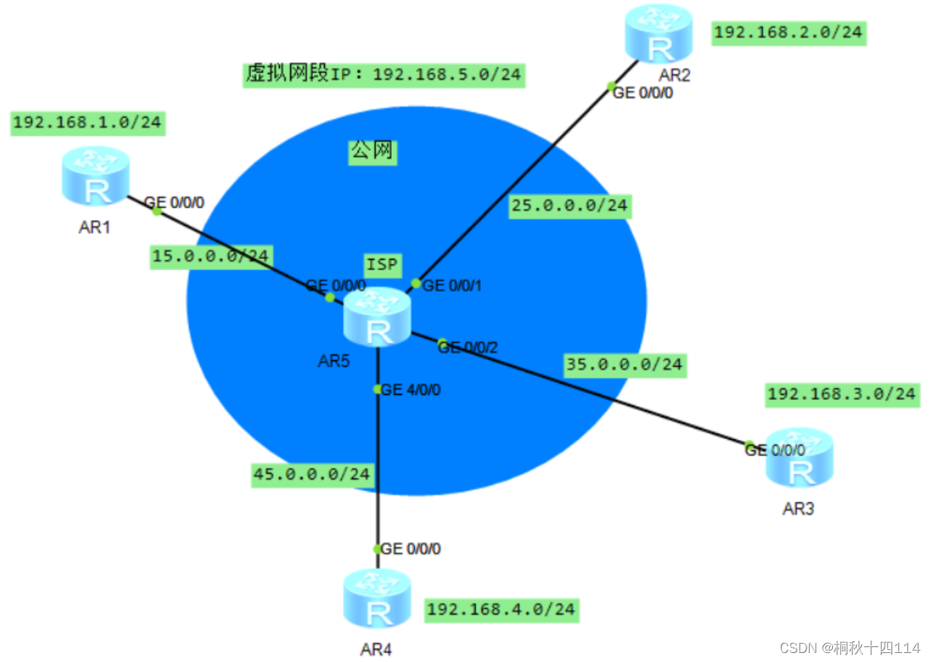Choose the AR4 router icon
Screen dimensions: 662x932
(x=377, y=598)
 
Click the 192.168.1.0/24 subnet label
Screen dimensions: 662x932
(x=87, y=122)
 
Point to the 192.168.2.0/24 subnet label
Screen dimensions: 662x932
(x=789, y=32)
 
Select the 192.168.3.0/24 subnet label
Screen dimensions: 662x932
(x=841, y=393)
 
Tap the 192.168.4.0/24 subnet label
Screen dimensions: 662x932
(x=501, y=609)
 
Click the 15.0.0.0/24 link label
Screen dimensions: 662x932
(x=210, y=256)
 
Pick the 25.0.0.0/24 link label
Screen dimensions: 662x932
(x=569, y=206)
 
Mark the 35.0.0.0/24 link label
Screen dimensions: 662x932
(x=624, y=364)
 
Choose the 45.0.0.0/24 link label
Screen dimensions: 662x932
(x=312, y=474)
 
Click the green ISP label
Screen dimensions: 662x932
(x=383, y=264)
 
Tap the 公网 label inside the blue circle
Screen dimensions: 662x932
(x=371, y=152)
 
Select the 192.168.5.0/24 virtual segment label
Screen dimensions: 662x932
(x=383, y=74)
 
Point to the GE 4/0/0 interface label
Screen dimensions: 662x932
(x=410, y=390)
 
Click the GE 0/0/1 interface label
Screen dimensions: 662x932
(x=452, y=285)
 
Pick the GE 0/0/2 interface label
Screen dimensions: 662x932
(x=468, y=347)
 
